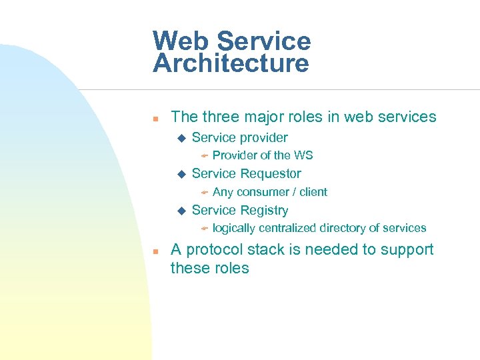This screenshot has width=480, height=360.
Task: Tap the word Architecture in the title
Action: click(231, 64)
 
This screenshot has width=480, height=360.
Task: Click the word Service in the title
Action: click(263, 41)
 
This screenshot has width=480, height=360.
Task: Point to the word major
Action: click(263, 117)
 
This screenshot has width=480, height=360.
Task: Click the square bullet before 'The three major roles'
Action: click(155, 119)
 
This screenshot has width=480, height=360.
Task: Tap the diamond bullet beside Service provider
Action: click(180, 138)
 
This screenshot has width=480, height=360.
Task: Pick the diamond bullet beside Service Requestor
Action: click(180, 174)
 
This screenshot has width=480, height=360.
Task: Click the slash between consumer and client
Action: click(294, 192)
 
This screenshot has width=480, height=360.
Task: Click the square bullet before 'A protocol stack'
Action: click(155, 252)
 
